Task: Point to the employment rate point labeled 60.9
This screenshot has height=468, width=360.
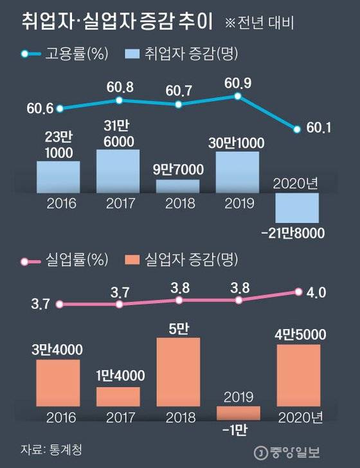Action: point(237,96)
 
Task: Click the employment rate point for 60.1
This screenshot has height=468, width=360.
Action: point(297,129)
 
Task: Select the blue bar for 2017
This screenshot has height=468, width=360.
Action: point(118,171)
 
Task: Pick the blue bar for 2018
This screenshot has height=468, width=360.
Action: point(177,186)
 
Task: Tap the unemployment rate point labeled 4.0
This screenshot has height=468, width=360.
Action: point(298,292)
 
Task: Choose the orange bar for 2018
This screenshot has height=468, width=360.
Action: point(177,371)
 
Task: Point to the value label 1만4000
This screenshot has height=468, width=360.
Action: point(118,376)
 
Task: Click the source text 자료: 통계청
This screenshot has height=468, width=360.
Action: point(45,447)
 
